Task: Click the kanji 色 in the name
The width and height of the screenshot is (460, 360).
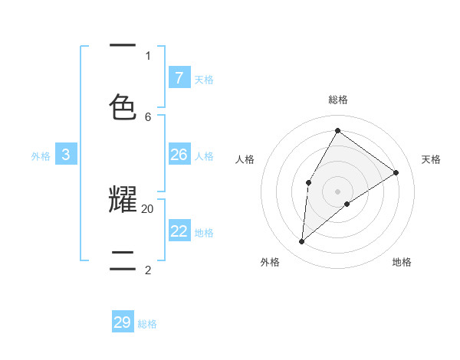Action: click(123, 106)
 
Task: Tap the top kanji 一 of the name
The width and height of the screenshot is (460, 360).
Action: click(123, 44)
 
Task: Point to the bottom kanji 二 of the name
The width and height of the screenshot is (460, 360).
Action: click(123, 259)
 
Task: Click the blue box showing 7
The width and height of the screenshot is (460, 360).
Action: click(179, 77)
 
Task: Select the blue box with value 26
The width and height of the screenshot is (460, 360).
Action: click(179, 155)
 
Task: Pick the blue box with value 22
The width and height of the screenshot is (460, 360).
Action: click(179, 231)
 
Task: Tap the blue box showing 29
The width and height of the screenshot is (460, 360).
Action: click(123, 322)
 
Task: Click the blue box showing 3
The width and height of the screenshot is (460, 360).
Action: click(66, 155)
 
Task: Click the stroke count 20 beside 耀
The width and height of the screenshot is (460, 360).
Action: click(148, 208)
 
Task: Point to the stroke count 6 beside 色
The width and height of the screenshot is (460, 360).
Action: click(148, 116)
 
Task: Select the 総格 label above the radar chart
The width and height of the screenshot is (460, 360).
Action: click(337, 100)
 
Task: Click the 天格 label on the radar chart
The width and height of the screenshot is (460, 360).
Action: click(431, 159)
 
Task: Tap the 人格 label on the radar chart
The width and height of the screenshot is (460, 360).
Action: click(245, 159)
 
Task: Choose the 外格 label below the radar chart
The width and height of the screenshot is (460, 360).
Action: click(269, 262)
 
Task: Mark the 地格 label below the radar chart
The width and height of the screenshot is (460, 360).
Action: click(402, 262)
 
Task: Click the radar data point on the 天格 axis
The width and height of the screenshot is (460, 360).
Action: click(396, 172)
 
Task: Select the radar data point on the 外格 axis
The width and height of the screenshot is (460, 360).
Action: click(302, 242)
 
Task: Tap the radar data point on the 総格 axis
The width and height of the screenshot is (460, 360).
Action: click(337, 130)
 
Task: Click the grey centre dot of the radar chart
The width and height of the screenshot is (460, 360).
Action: click(337, 191)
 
